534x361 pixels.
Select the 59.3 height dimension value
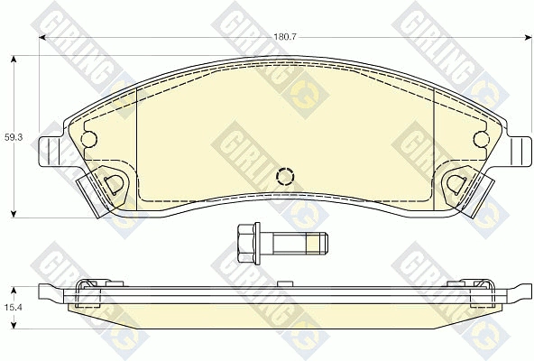coord(14,138)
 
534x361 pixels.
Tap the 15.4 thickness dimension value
coord(14,307)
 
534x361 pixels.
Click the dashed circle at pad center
coord(285,176)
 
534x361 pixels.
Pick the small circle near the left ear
coord(89,139)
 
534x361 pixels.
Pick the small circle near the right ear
coord(482,139)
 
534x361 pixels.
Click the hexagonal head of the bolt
coord(246,243)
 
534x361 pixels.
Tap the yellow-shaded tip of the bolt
coord(313,244)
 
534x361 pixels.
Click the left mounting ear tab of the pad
coord(51,152)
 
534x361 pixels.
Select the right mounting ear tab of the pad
coord(520,152)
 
